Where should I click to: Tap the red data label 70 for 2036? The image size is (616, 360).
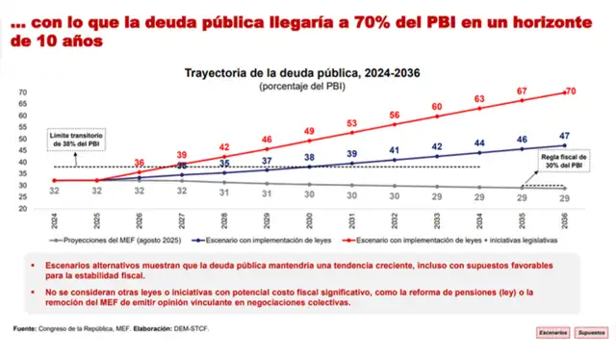pos(570,90)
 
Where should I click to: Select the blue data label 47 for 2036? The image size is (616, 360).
pos(564,137)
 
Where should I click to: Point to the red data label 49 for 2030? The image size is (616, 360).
pos(310,130)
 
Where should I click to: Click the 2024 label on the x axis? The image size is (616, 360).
pos(56,220)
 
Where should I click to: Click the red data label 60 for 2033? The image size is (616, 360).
pos(437,107)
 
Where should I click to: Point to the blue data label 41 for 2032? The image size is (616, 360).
pos(395,150)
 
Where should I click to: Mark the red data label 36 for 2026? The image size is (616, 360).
pos(140,163)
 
